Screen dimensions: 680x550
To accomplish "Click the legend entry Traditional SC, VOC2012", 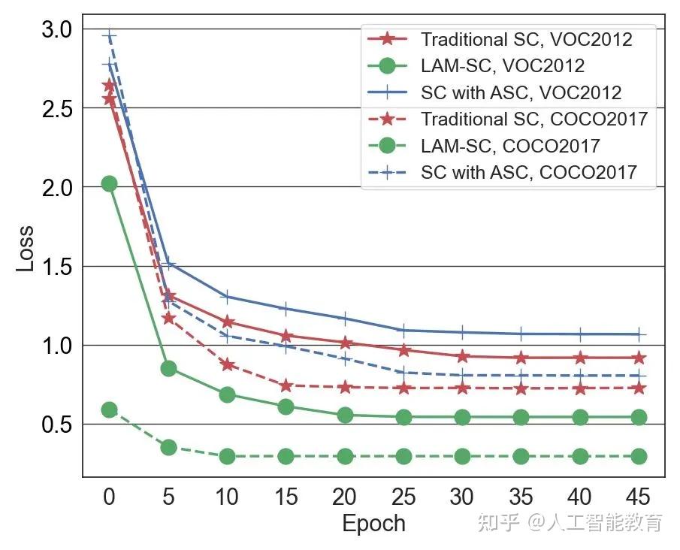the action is pyautogui.click(x=500, y=40).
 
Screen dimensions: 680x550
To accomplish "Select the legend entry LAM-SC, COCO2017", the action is pyautogui.click(x=484, y=146).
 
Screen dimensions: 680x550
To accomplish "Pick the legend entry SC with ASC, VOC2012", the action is pyautogui.click(x=494, y=92).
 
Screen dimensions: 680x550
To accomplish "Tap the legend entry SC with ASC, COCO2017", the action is pyautogui.click(x=502, y=172).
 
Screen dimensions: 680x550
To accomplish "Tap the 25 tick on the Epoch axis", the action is pyautogui.click(x=403, y=497).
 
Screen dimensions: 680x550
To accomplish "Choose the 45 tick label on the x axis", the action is pyautogui.click(x=639, y=497).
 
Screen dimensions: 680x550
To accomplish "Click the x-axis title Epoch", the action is pyautogui.click(x=374, y=523).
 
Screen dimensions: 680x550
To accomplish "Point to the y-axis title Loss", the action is pyautogui.click(x=25, y=249).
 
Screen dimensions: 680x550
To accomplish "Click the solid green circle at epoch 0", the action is pyautogui.click(x=109, y=184).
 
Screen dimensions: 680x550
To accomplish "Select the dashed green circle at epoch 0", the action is pyautogui.click(x=109, y=409).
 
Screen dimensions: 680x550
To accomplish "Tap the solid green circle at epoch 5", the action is pyautogui.click(x=168, y=369).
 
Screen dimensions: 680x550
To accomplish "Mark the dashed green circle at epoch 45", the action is pyautogui.click(x=639, y=456).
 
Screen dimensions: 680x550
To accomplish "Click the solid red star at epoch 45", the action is pyautogui.click(x=639, y=358).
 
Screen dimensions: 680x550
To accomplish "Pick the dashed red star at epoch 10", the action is pyautogui.click(x=227, y=364).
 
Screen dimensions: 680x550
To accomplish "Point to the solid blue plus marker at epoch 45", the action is pyautogui.click(x=639, y=334).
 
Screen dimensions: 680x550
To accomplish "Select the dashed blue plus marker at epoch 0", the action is pyautogui.click(x=109, y=35).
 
